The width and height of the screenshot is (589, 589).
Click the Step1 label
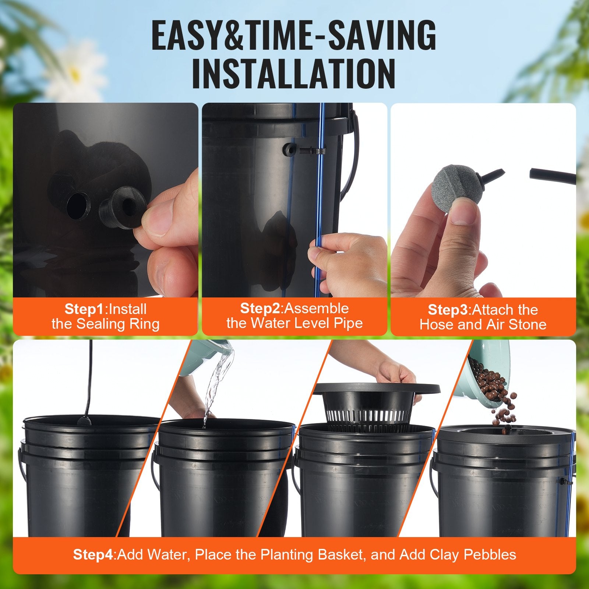coord(84,309)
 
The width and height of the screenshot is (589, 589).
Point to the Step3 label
coord(449,310)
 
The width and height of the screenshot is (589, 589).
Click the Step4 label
coord(94,554)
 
